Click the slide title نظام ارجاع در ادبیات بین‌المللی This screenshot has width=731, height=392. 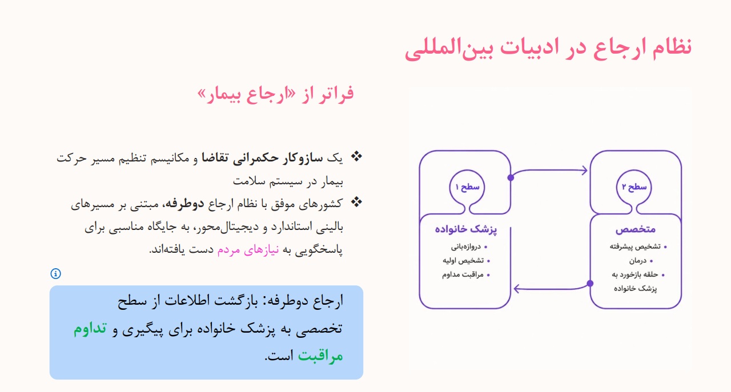point(548,49)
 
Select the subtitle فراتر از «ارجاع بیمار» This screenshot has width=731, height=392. point(275,94)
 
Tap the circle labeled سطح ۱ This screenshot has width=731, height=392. point(467,187)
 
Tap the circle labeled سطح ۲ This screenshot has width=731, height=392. point(634,187)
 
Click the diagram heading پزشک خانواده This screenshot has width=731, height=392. point(465,229)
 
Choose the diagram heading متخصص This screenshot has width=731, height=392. point(636,229)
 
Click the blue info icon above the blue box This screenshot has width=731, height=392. point(55,274)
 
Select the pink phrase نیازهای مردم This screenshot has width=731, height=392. point(248,250)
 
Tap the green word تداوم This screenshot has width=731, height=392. point(90,328)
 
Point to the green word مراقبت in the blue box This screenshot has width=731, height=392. point(320,355)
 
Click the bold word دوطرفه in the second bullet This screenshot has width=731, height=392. point(184,204)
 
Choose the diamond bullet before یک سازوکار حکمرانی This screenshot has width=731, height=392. point(356,157)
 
